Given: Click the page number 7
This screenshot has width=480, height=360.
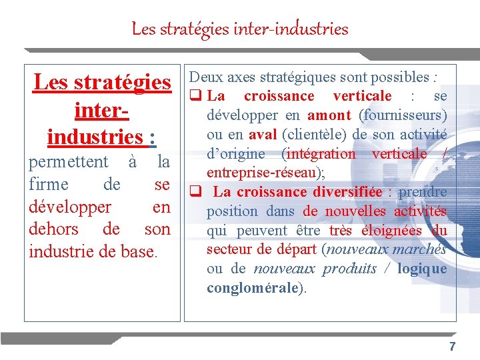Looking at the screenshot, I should [x=453, y=347].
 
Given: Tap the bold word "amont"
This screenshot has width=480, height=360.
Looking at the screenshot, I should [x=329, y=115].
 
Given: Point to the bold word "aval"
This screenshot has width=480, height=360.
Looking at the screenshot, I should [x=263, y=134].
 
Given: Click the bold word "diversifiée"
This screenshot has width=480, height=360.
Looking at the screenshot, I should [x=343, y=192].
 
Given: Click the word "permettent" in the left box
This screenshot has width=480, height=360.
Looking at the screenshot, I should [x=68, y=162].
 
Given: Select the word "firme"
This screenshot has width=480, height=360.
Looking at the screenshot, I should [x=49, y=184].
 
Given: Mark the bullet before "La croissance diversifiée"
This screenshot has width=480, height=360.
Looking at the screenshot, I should [x=196, y=192].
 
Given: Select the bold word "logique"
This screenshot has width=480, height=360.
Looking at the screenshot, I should [x=422, y=269].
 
